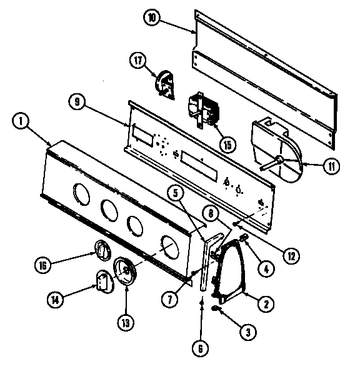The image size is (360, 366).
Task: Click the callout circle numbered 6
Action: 199,343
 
